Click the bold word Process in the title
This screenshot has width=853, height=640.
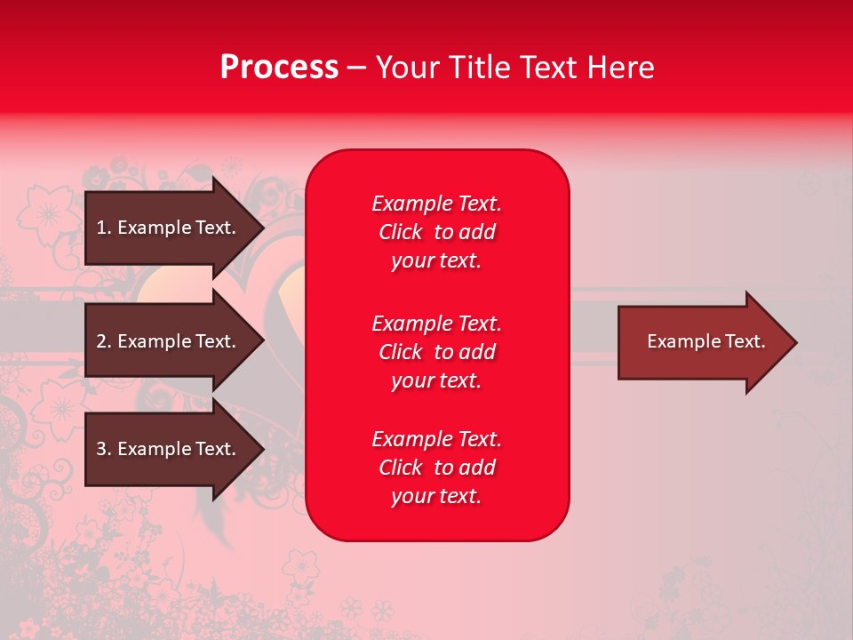click(279, 68)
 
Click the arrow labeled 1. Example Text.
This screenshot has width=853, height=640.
click(169, 228)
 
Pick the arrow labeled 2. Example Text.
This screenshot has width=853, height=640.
click(169, 341)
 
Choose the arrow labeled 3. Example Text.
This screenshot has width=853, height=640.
click(169, 449)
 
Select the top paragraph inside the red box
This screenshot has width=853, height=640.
click(436, 232)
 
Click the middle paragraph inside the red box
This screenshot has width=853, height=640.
click(436, 352)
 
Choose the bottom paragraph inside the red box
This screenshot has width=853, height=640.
click(436, 468)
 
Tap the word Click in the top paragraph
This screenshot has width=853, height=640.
click(400, 232)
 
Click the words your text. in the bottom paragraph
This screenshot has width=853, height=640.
click(436, 496)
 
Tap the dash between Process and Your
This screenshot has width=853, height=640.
click(356, 68)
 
